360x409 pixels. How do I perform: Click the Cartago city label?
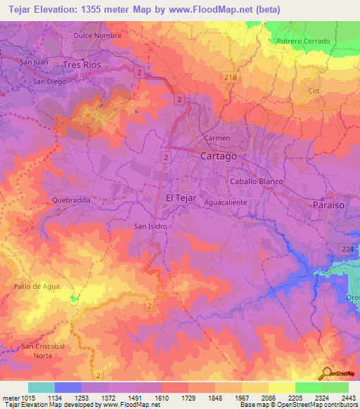(x=219, y=155)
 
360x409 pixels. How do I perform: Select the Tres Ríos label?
(x=82, y=65)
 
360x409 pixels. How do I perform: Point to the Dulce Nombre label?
(x=97, y=35)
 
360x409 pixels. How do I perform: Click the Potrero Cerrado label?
(x=303, y=41)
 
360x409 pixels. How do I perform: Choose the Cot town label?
(x=314, y=91)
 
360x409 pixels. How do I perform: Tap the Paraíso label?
(x=328, y=204)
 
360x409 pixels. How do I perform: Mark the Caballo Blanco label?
(x=257, y=181)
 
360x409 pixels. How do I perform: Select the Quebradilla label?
(x=72, y=200)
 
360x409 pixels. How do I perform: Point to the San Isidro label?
(x=150, y=226)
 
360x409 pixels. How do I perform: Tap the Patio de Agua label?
(x=37, y=286)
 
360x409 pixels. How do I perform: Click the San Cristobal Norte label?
(x=43, y=351)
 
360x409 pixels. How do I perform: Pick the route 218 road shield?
(x=230, y=76)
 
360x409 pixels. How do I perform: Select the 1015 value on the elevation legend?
(x=21, y=396)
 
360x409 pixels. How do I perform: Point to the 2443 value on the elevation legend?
(x=348, y=396)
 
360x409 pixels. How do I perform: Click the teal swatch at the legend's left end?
(x=41, y=387)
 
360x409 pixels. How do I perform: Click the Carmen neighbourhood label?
(x=217, y=138)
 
